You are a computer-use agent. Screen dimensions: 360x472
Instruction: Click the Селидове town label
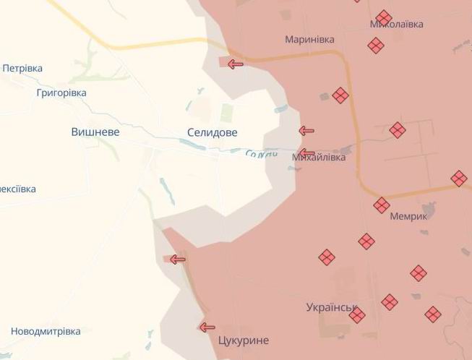212,132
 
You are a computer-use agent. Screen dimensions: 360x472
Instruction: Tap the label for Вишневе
95,132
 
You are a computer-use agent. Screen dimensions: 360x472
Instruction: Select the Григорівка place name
61,93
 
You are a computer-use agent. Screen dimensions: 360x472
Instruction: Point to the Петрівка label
22,69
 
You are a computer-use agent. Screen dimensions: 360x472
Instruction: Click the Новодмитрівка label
46,331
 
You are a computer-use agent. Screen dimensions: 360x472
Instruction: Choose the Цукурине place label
243,340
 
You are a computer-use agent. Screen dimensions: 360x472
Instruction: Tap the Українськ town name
331,307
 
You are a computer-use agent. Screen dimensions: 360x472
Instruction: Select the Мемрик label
408,215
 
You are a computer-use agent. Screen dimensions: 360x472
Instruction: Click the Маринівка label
309,40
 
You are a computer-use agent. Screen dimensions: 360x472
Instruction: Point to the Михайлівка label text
319,157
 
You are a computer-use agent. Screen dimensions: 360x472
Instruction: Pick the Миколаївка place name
397,24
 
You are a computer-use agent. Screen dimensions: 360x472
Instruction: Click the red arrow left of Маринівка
235,64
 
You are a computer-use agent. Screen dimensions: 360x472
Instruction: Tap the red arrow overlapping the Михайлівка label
306,153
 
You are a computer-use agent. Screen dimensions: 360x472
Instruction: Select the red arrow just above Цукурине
207,327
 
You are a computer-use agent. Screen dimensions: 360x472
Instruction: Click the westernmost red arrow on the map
177,260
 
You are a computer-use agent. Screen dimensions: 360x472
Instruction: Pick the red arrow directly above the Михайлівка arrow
306,131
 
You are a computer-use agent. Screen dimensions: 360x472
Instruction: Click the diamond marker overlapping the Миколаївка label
384,18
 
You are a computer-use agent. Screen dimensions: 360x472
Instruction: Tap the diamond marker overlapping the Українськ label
356,314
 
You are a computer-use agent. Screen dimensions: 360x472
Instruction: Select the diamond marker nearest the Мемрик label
382,205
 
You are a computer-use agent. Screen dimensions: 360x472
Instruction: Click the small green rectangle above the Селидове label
226,113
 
